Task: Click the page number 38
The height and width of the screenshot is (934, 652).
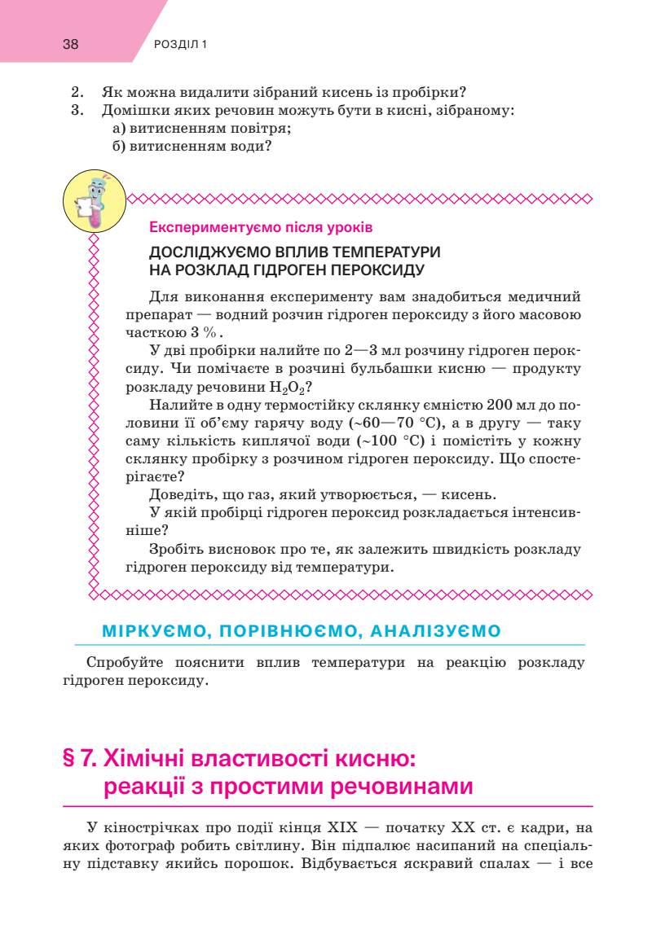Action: pos(70,45)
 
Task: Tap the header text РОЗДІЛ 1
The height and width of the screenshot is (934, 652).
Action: pos(180,45)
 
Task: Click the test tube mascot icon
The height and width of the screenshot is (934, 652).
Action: pos(94,200)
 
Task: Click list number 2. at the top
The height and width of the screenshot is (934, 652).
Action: pos(78,92)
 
